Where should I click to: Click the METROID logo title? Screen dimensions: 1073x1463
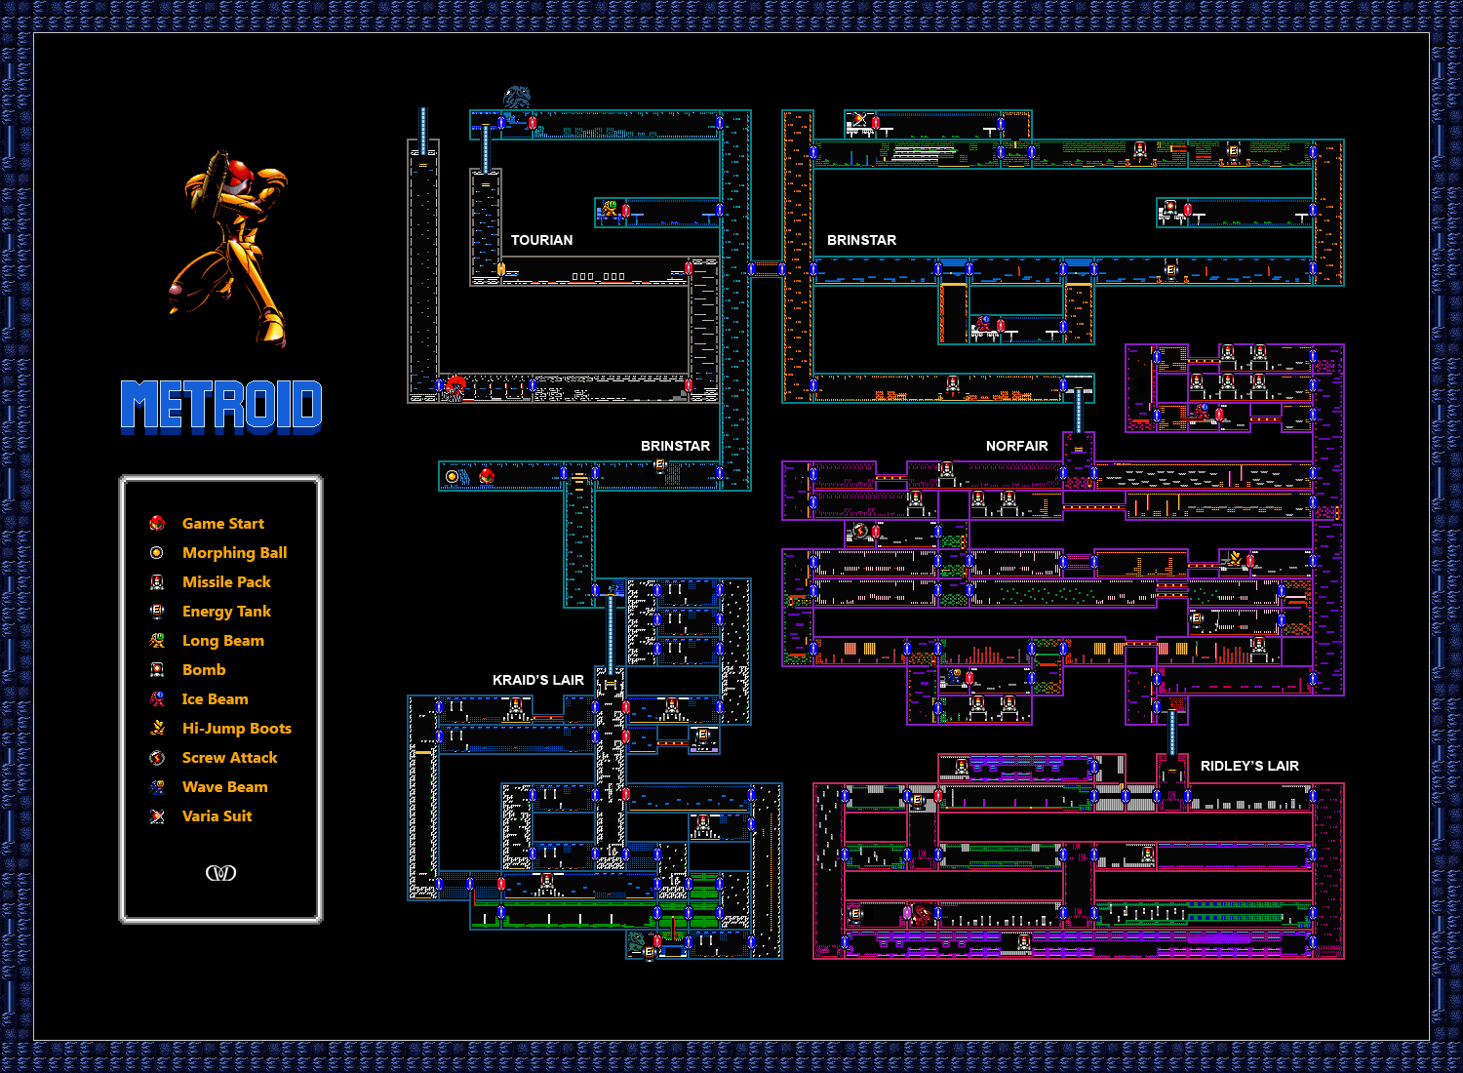click(221, 406)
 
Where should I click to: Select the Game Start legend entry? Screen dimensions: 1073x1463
click(222, 524)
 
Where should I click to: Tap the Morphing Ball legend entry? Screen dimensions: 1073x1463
click(234, 553)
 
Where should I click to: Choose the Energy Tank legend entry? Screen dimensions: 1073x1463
click(226, 612)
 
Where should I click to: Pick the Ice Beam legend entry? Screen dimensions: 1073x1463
click(215, 699)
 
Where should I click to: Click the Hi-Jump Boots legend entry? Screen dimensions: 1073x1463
click(236, 729)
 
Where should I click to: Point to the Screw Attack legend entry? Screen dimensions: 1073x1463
click(229, 758)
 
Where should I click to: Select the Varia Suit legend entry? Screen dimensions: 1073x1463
click(217, 816)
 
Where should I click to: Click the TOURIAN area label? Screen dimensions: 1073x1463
click(541, 240)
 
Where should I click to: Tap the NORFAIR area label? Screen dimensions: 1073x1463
click(1016, 446)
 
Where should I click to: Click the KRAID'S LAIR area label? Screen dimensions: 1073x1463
click(537, 680)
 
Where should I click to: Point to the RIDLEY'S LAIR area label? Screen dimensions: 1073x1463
click(1249, 766)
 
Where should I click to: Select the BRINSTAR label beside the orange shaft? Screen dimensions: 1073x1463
click(861, 240)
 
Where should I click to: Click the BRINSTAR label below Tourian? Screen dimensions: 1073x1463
click(675, 446)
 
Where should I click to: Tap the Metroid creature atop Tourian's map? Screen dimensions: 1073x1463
click(517, 98)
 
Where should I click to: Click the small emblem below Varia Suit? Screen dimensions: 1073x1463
click(220, 872)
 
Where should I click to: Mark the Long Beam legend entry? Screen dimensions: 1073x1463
click(222, 641)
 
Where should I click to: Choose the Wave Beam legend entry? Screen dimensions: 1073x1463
click(224, 787)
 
